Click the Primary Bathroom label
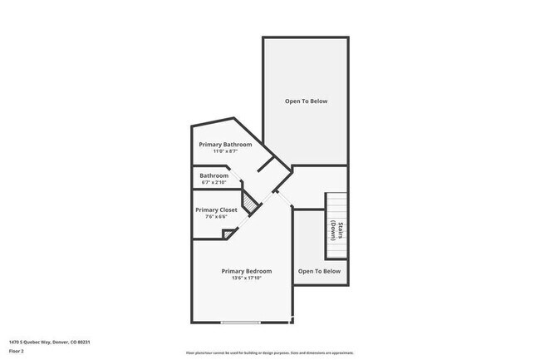coord(225,144)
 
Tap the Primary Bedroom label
coord(247,271)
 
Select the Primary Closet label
coord(216,210)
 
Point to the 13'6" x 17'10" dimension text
coord(247,278)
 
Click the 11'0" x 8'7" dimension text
coord(225,150)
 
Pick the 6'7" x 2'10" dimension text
coord(214,182)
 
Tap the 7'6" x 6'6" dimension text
coord(216,217)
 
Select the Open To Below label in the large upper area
coord(307,101)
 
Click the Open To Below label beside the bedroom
coord(320,271)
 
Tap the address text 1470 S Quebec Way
coord(30,342)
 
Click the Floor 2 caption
coord(17,351)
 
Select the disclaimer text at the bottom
coord(269,353)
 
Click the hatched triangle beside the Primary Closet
coord(248,201)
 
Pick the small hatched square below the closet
coord(228,234)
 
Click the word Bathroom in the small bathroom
coord(214,175)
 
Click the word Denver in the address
coord(61,342)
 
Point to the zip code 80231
coord(83,342)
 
